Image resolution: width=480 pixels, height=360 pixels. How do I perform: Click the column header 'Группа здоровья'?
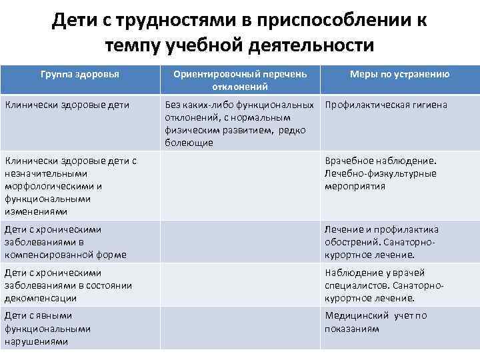click(80, 74)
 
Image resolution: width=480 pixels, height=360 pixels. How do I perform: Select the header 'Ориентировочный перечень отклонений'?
click(240, 80)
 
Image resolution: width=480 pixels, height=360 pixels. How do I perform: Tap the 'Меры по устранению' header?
click(400, 74)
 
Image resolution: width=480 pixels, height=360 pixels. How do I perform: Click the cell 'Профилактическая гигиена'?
click(386, 105)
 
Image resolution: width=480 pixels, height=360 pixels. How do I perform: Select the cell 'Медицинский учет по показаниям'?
click(376, 322)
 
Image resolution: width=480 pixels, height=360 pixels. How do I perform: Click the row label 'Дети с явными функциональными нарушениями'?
click(48, 329)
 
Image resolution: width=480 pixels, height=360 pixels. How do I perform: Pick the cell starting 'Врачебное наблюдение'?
click(381, 173)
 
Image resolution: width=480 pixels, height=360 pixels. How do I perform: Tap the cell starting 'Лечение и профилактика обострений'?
click(382, 242)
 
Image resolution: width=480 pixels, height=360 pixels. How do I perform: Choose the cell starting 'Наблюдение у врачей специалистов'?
click(384, 285)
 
